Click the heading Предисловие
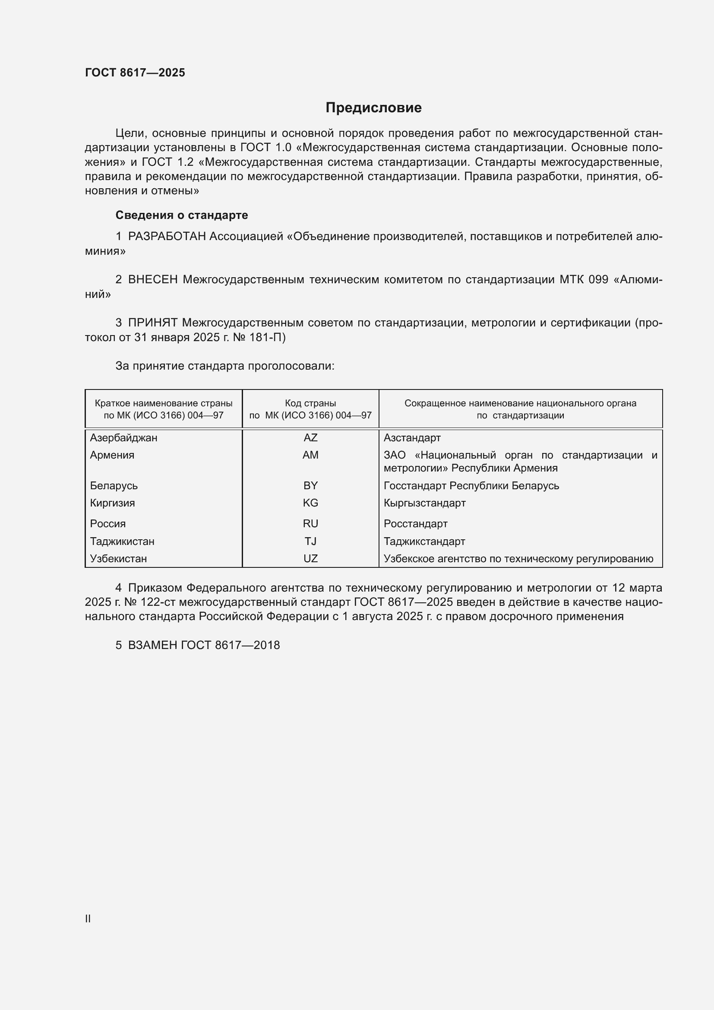click(x=373, y=108)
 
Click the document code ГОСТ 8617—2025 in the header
click(x=135, y=73)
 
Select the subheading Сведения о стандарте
click(x=182, y=215)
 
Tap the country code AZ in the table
click(x=310, y=438)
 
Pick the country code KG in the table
click(x=310, y=503)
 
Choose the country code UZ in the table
click(x=310, y=559)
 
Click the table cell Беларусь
click(x=114, y=486)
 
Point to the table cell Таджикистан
click(x=122, y=541)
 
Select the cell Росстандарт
click(x=415, y=524)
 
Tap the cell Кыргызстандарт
click(x=424, y=503)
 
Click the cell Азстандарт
click(x=412, y=438)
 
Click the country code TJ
click(x=310, y=541)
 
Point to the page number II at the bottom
click(x=88, y=918)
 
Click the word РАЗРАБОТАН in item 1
click(x=167, y=237)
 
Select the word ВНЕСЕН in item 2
click(x=152, y=280)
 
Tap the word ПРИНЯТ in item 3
click(x=152, y=323)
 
